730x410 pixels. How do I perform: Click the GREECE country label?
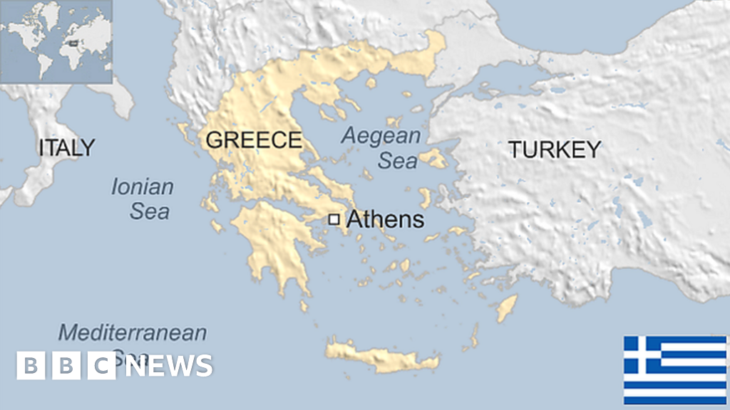(253, 140)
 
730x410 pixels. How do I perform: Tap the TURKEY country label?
(554, 149)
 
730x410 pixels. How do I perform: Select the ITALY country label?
(66, 147)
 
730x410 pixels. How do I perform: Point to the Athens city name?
(384, 220)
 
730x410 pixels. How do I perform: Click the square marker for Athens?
(334, 220)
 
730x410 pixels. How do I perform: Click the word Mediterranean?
(133, 332)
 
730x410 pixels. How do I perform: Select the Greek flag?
(674, 370)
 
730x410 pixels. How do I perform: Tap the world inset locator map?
(56, 41)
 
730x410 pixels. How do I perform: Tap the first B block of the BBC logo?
(30, 366)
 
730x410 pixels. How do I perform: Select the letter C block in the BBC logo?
(103, 366)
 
